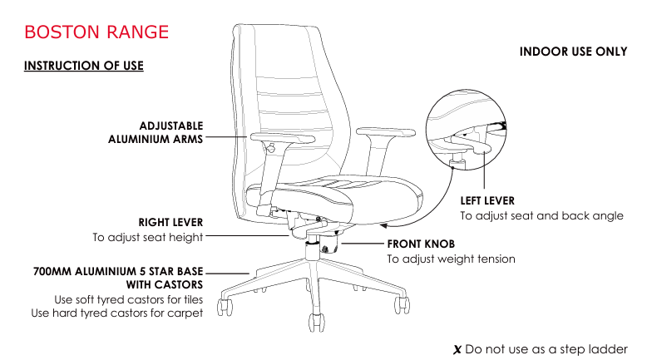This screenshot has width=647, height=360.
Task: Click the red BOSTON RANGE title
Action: [96, 32]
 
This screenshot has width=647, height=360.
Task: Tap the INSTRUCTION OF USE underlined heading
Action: [84, 66]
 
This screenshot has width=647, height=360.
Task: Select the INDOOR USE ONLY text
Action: [573, 52]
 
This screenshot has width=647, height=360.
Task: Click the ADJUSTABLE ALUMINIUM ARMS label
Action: [156, 132]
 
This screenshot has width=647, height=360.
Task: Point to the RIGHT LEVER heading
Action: [170, 222]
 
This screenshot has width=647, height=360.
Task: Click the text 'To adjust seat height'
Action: [148, 237]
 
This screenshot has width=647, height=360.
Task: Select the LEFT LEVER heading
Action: [487, 201]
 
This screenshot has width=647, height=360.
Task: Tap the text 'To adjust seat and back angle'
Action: [541, 215]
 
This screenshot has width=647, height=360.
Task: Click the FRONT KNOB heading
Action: [421, 244]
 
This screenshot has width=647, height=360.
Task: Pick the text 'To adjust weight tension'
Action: [451, 259]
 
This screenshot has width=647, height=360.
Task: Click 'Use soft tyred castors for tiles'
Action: [129, 299]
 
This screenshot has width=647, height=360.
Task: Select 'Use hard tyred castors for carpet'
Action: [117, 313]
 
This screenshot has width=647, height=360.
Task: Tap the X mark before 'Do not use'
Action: [457, 350]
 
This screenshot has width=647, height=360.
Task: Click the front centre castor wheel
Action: [317, 323]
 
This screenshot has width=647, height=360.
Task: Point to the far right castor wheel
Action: [402, 305]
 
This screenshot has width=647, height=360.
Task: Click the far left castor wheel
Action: [225, 307]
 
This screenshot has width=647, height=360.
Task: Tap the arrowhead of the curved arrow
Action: [383, 225]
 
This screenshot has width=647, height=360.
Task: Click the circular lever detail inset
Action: [466, 130]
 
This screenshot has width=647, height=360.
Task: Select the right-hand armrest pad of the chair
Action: [386, 131]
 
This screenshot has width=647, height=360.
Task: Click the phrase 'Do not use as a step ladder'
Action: [546, 350]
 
